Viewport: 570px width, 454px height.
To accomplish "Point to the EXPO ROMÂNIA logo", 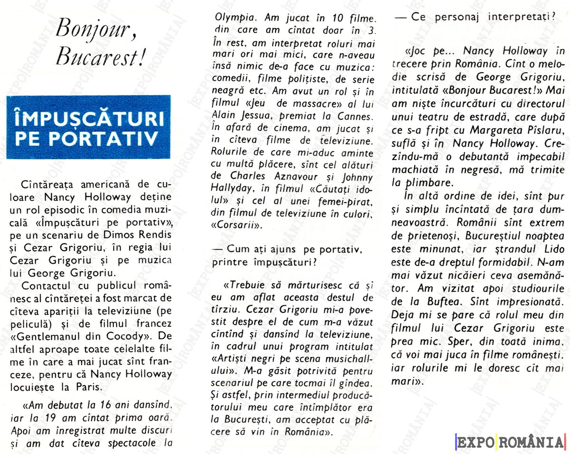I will pyautogui.click(x=510, y=442).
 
